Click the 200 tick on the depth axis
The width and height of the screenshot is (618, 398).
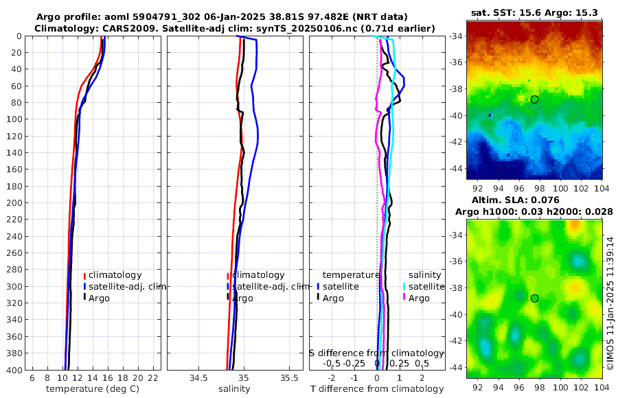pos(18,202)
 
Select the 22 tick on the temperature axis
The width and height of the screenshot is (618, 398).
pos(153,378)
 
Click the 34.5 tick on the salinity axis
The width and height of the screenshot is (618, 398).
pos(198,378)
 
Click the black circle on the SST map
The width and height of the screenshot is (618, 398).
pos(534,99)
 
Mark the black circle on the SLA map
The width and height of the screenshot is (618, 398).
pos(534,298)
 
